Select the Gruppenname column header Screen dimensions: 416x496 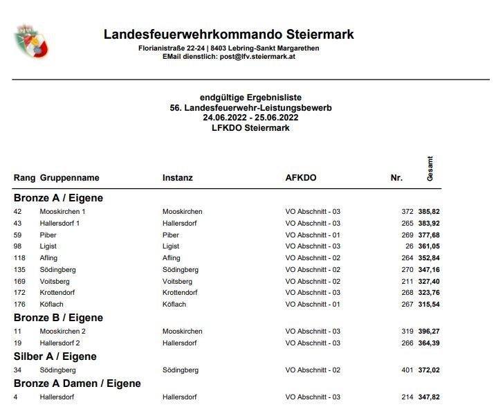pos(70,178)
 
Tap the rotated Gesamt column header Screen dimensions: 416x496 pos(430,169)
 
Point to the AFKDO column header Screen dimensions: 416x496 pos(301,178)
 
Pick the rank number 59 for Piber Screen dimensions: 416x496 pos(18,235)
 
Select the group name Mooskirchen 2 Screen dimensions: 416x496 pos(63,332)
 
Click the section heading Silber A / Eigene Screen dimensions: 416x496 pos(55,356)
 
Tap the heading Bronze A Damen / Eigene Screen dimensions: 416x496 pos(77,383)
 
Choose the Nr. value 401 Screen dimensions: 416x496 pos(407,370)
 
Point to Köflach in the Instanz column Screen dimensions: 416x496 pos(174,304)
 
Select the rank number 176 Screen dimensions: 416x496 pos(19,304)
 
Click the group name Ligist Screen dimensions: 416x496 pos(48,246)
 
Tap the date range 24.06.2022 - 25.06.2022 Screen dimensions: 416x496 pos(250,118)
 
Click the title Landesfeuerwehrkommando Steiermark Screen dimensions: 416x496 pos(229,34)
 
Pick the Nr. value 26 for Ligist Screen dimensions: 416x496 pos(409,246)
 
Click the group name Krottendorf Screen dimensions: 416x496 pos(58,293)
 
